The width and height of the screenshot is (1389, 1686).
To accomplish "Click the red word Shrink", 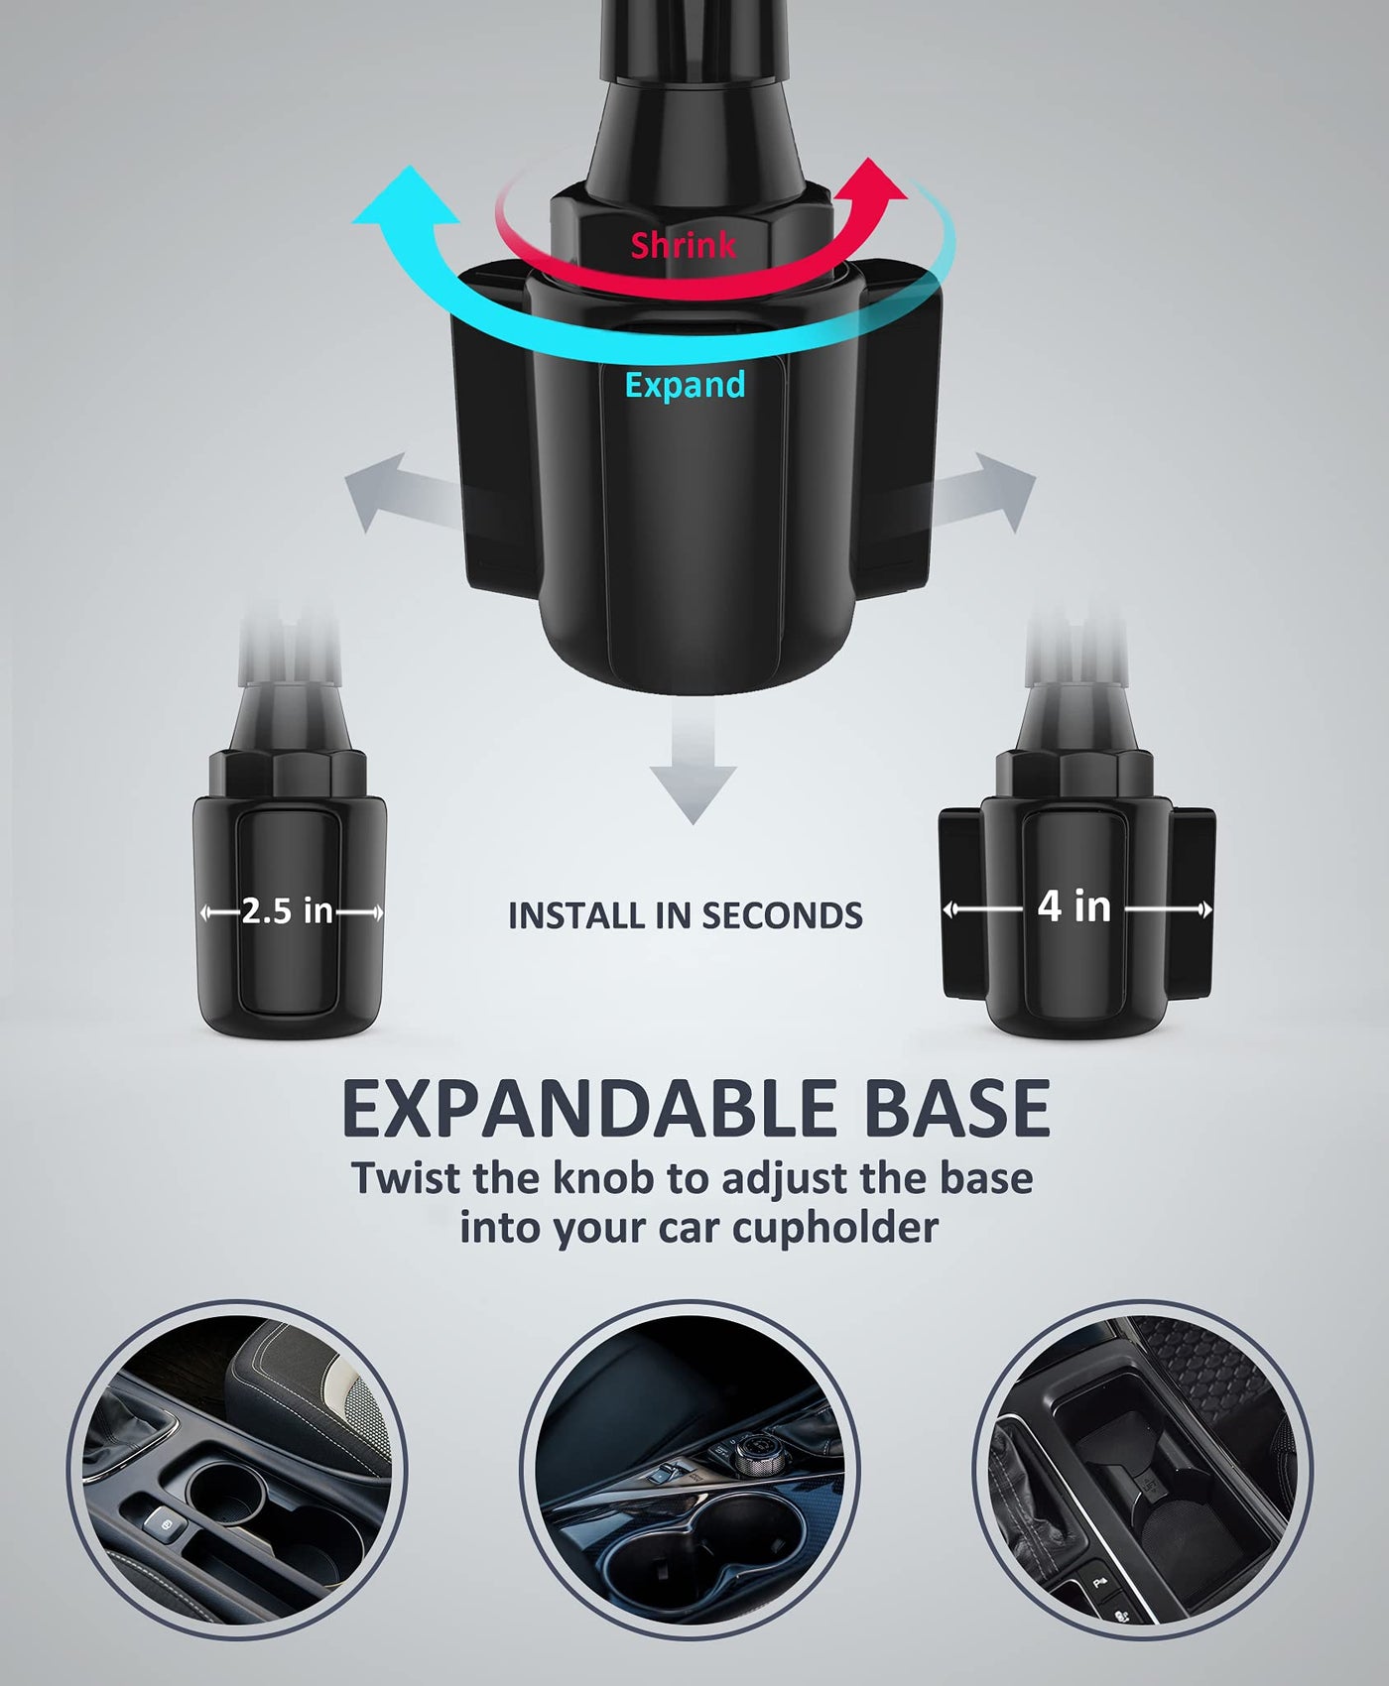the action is coord(684,245).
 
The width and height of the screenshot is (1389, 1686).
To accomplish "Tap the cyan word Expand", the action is coord(685,385).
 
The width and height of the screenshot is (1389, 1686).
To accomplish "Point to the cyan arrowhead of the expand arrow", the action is coord(407,198).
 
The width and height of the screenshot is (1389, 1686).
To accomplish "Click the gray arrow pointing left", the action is coord(402,490).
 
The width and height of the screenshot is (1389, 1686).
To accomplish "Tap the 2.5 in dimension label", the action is coord(287,911).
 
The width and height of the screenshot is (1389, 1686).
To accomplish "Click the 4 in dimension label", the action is coord(1074,906).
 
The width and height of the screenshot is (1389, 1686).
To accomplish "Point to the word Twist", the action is coord(407,1178).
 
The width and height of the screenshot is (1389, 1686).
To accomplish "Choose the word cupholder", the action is coord(835,1228).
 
